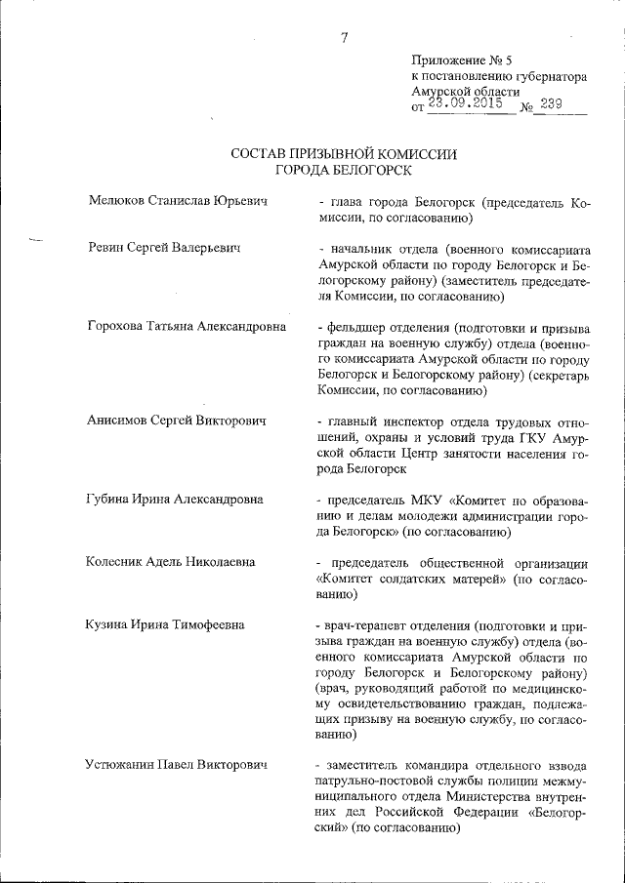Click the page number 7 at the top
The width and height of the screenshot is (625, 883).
pos(344,38)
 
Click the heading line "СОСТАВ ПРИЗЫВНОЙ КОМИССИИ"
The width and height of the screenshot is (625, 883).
pos(344,154)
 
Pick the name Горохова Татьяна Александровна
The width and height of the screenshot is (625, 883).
pos(187,326)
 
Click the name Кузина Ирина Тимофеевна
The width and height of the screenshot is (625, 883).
pos(165,624)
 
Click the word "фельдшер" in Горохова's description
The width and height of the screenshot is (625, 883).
pos(357,326)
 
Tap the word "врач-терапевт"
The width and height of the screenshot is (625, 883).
pos(370,624)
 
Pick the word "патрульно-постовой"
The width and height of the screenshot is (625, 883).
pos(381,782)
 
